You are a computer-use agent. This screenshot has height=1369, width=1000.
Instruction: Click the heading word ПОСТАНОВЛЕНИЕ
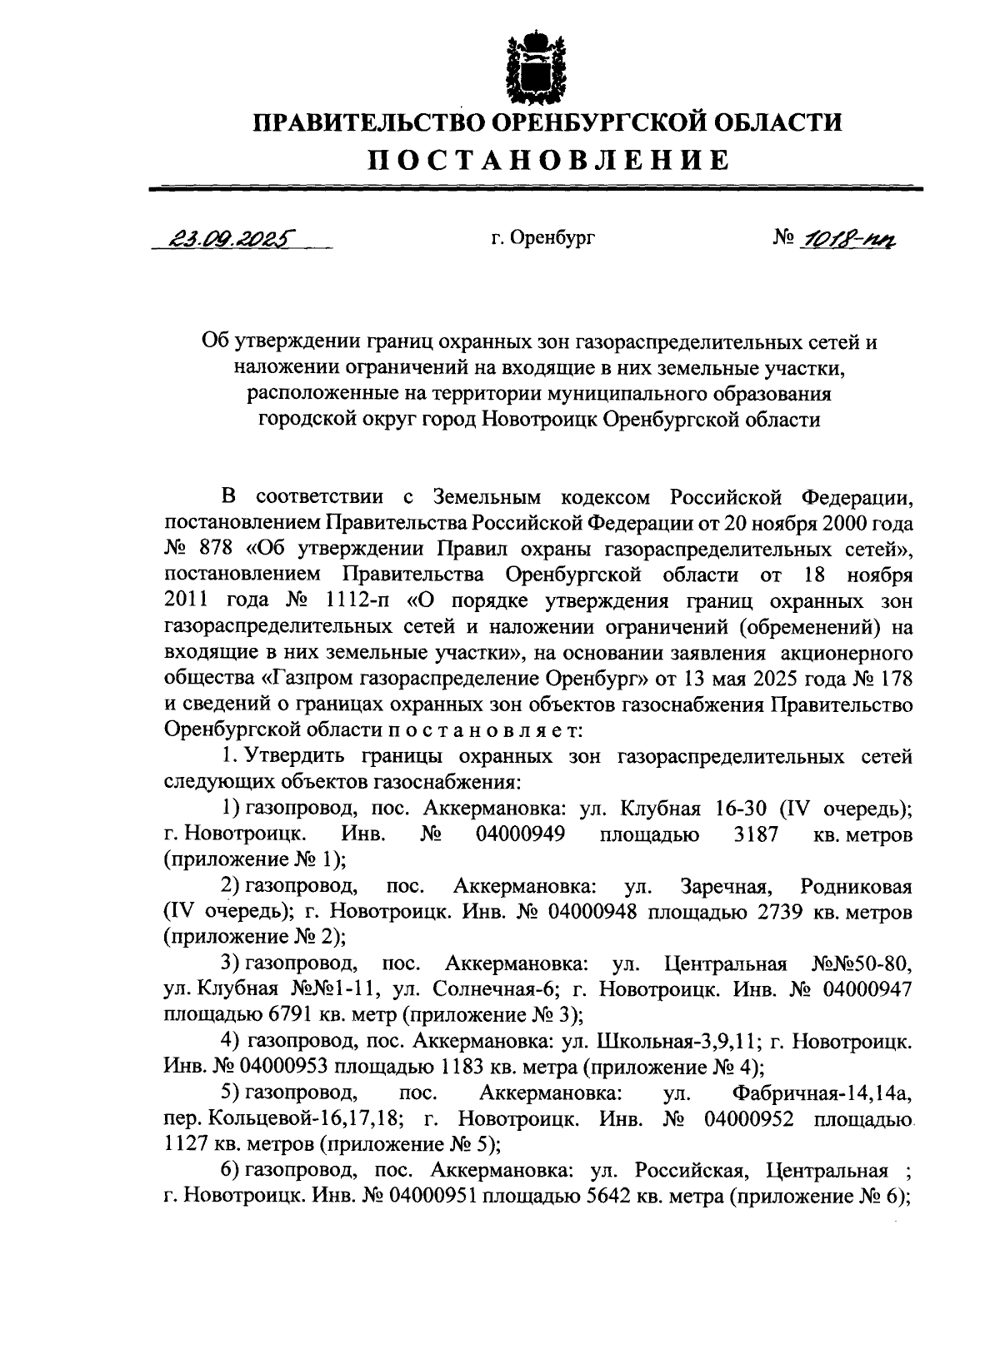tap(549, 159)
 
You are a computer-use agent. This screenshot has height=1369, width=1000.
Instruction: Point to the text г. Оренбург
tap(542, 240)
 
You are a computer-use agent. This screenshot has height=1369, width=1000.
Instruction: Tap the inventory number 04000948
tap(592, 911)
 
